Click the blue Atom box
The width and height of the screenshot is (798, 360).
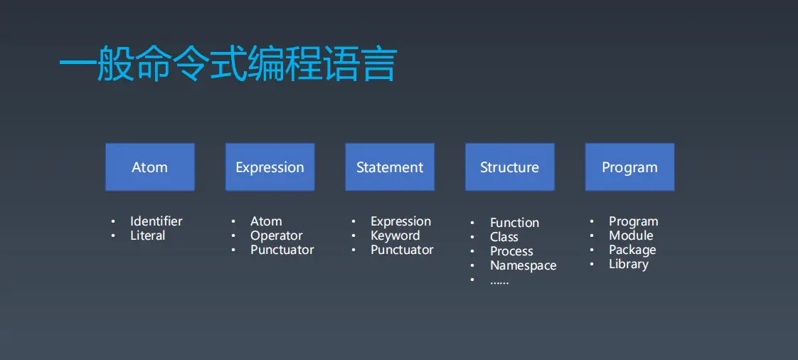click(x=150, y=167)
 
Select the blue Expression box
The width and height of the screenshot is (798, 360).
click(x=270, y=167)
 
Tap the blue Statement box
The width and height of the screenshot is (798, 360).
click(x=390, y=167)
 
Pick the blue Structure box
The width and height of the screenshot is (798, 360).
click(x=509, y=167)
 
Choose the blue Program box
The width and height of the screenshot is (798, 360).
click(x=629, y=167)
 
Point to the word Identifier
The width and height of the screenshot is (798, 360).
click(x=156, y=221)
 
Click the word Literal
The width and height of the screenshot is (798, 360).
click(x=147, y=235)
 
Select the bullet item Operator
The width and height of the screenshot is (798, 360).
click(x=276, y=235)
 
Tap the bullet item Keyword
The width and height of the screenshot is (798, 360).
click(x=395, y=235)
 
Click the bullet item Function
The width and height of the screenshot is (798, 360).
click(x=514, y=223)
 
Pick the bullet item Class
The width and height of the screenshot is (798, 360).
click(x=504, y=237)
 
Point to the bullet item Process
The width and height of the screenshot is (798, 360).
click(x=511, y=251)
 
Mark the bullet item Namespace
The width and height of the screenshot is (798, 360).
click(x=523, y=265)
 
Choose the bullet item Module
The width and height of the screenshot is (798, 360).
click(x=631, y=235)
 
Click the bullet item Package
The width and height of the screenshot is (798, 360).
click(x=632, y=250)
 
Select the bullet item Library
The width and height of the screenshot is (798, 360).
click(x=628, y=264)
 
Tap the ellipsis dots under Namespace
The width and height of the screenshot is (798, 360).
click(x=499, y=281)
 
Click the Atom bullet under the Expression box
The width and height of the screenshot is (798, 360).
click(x=266, y=221)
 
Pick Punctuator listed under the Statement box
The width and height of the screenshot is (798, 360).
click(x=402, y=250)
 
